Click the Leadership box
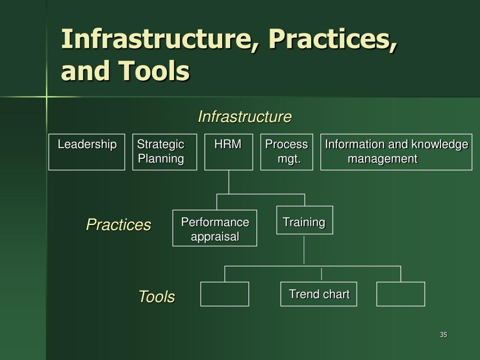point(87,152)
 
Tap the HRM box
point(229,152)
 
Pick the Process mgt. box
point(286,152)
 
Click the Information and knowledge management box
point(396,152)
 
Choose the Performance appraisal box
point(215,228)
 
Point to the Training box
point(304,220)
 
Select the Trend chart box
point(319,294)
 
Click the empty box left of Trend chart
point(225,294)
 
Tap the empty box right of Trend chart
point(401,294)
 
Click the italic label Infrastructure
point(244,117)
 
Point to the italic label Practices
point(118,225)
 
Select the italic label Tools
point(156,297)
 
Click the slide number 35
point(443,335)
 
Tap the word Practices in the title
point(333,39)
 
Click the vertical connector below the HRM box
point(229,182)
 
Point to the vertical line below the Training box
point(304,249)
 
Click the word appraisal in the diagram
point(215,237)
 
